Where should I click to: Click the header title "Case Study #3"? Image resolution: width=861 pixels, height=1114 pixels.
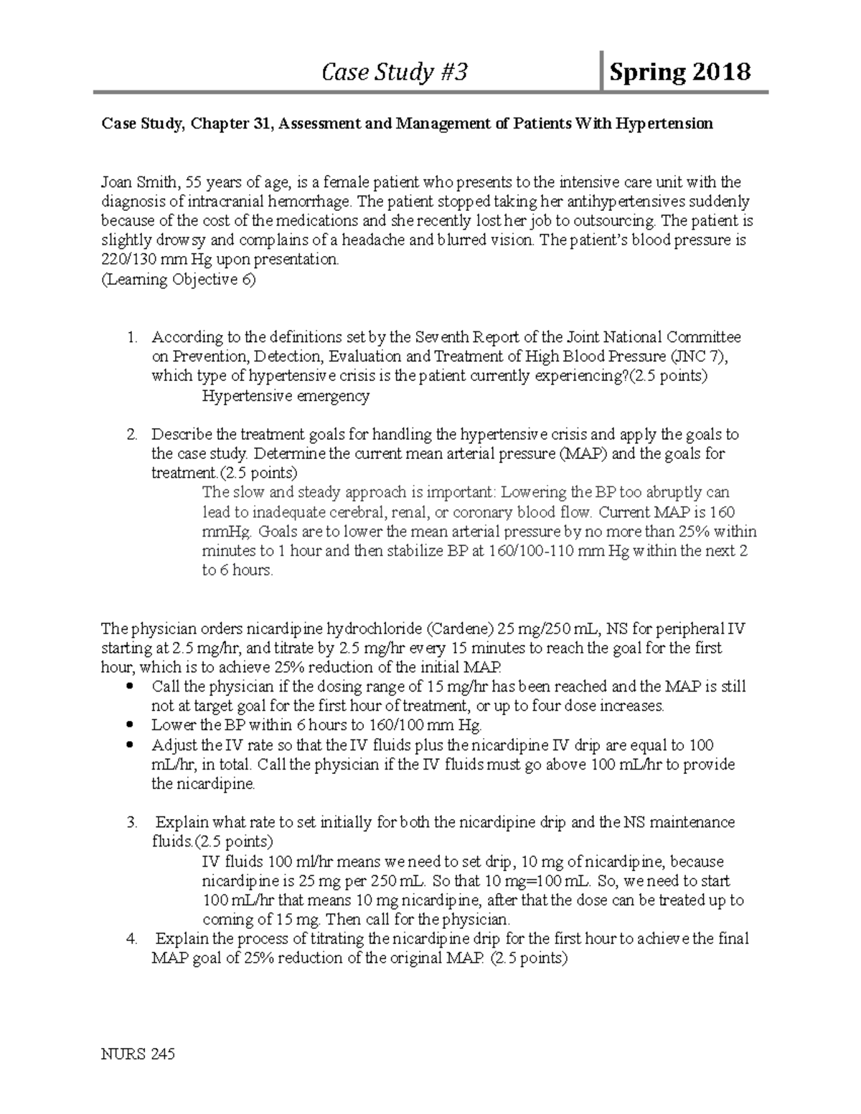[x=395, y=72]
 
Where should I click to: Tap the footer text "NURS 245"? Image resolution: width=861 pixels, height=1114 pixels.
[x=138, y=1054]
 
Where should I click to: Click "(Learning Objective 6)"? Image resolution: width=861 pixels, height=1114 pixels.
[x=178, y=280]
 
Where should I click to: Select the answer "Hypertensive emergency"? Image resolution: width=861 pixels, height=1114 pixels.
[x=286, y=396]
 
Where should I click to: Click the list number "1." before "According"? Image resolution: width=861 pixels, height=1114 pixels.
[x=132, y=337]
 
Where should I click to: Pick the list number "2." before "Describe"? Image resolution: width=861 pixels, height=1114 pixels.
[x=132, y=435]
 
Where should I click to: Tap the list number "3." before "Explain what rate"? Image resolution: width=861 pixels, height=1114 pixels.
[x=132, y=823]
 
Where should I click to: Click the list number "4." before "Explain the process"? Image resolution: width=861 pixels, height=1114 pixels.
[x=132, y=939]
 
